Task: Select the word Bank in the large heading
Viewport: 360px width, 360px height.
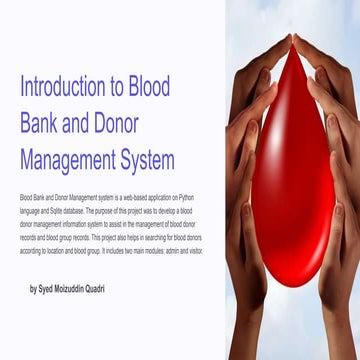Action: [42, 123]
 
